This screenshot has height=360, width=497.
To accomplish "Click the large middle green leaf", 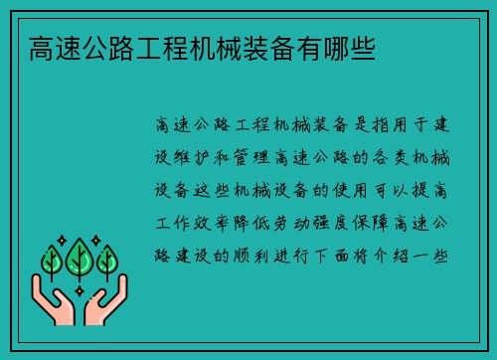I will coord(79,257).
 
